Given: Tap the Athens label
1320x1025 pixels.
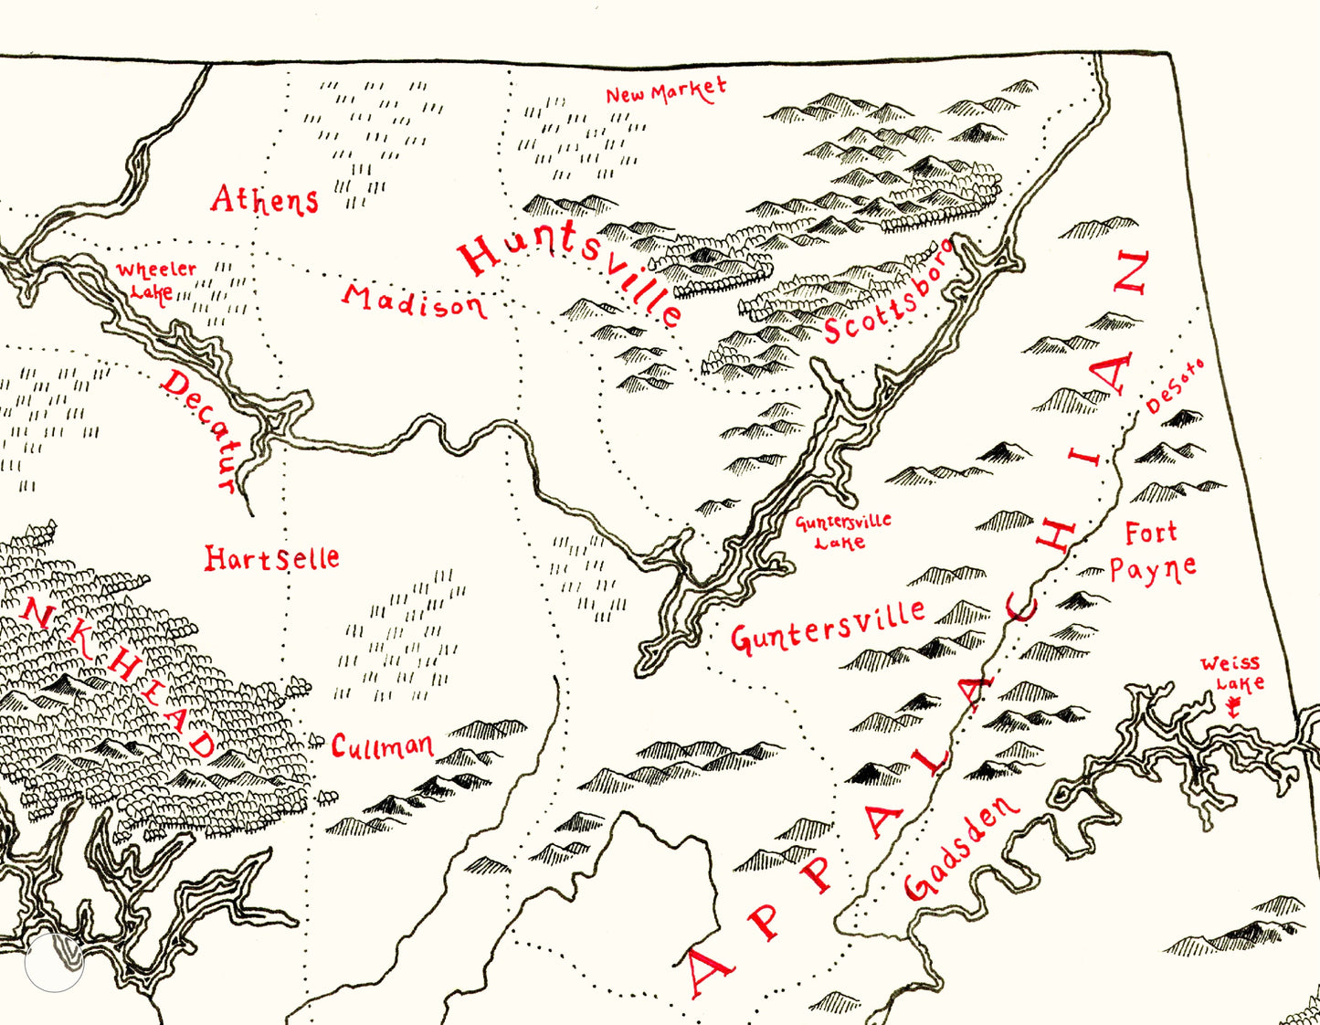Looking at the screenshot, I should coord(265,199).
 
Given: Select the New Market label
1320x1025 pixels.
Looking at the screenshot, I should coord(666,91).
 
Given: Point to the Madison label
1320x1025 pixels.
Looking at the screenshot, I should coord(415,301).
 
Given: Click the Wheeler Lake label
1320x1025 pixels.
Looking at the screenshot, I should coord(154,280).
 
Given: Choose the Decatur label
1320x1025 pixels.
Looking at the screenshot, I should coord(202,429).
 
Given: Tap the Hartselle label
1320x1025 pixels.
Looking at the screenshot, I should coord(271,558).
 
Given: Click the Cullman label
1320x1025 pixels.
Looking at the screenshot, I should coord(382,747).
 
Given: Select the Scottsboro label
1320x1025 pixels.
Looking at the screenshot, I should coord(887,292).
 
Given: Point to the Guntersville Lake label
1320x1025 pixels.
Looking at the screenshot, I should coord(842,532).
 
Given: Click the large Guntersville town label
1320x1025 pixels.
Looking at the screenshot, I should coord(828,627).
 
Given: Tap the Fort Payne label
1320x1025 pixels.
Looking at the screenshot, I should coord(1152,552).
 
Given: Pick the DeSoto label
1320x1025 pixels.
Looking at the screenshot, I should coord(1175,387).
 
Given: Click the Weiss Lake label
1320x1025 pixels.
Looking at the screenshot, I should coord(1231,672).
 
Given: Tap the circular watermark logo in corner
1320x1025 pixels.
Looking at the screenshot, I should coord(54,962).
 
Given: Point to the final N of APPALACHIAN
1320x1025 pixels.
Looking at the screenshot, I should coord(1130,272).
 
